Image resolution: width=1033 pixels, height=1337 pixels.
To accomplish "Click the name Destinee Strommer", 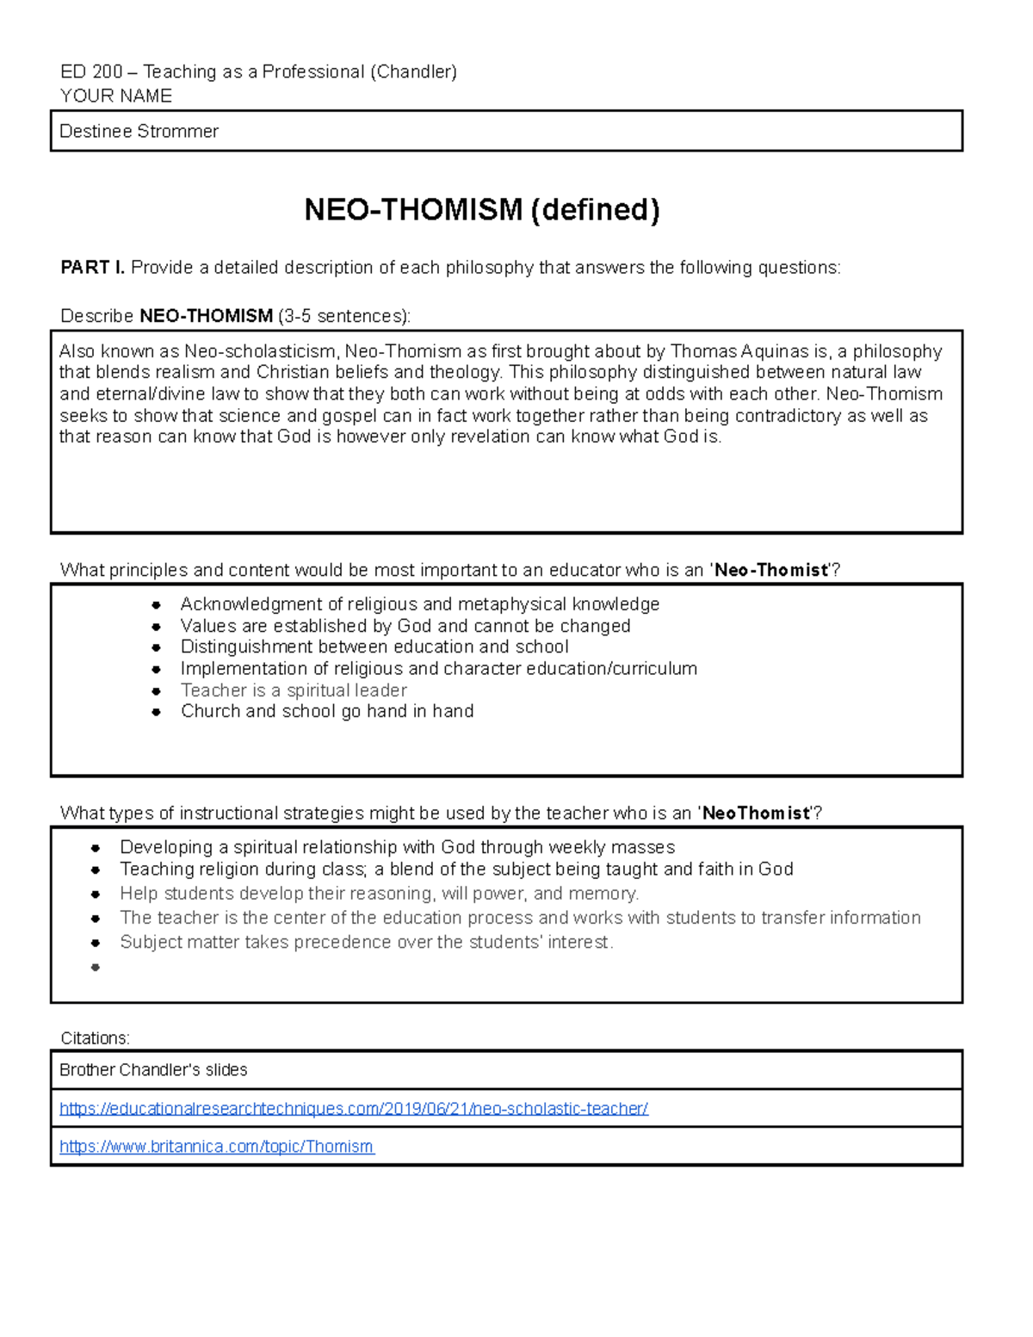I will pos(139,132).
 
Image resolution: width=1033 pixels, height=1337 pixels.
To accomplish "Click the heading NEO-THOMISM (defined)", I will pos(482,210).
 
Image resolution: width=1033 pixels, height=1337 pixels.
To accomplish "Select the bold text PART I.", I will pos(92,268).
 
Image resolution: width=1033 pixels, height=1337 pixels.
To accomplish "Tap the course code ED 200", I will pos(91,72).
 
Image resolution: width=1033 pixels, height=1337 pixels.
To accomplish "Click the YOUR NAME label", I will pos(116,96).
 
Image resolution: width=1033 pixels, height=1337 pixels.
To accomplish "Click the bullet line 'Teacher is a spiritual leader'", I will pos(294,690).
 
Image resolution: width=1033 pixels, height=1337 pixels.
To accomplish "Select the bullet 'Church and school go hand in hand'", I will pos(327,711).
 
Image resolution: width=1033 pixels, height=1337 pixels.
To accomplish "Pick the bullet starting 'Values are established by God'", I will pos(405,626).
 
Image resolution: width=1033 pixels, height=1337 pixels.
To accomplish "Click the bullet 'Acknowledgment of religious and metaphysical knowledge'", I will pos(419,604).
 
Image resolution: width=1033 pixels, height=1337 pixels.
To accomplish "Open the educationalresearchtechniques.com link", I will pos(353,1109).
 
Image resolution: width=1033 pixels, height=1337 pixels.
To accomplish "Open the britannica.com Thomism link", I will pos(216,1147).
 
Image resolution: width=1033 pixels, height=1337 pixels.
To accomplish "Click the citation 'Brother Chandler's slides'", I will pos(153,1070).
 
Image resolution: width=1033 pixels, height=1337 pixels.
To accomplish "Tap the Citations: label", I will pos(95,1037).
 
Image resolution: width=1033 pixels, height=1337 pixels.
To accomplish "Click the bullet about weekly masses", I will pos(397,847).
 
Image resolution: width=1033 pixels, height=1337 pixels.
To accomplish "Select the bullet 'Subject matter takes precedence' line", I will pos(366,942).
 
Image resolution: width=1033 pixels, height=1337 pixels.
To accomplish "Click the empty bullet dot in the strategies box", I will pos(96,967).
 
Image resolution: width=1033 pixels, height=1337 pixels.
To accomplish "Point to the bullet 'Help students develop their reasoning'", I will pos(379,894).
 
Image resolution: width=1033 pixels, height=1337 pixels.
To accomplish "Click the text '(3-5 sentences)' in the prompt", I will pos(344,316).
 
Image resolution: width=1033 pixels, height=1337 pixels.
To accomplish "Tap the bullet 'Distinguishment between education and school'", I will pos(374,647).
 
